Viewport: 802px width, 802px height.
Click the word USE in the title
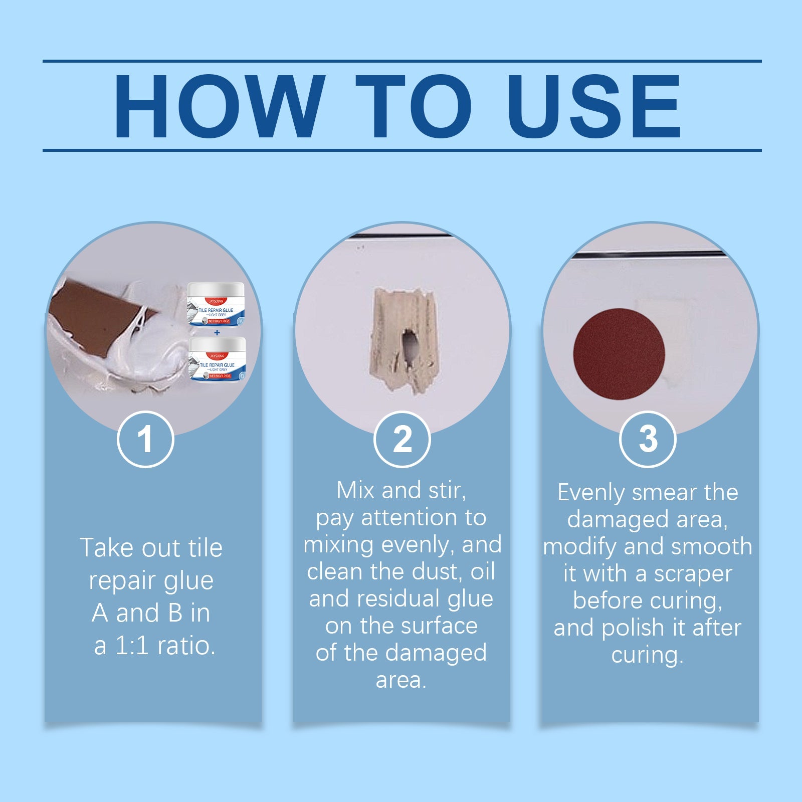[594, 106]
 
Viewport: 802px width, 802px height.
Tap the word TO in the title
[413, 106]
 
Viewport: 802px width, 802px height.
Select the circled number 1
[145, 440]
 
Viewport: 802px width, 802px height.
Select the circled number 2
[402, 440]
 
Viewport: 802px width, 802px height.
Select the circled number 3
[648, 440]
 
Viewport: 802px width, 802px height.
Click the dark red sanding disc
[619, 354]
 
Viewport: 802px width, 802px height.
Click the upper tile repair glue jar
[216, 304]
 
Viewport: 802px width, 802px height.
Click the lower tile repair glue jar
[218, 358]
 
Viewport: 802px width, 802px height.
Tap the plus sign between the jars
[217, 332]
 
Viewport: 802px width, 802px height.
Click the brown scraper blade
[95, 316]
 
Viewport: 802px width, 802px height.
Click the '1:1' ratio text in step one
[132, 646]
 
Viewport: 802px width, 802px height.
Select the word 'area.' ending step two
[401, 680]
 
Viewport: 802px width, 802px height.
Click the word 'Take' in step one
[107, 548]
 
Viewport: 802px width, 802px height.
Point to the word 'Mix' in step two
[355, 490]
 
